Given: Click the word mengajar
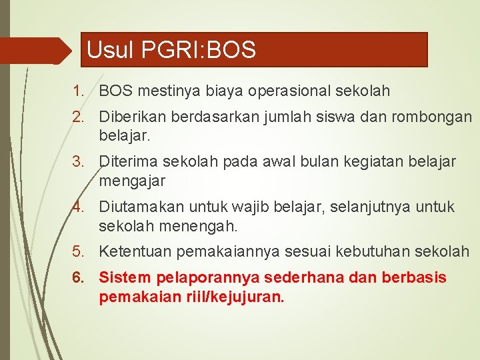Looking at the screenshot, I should click(131, 181).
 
